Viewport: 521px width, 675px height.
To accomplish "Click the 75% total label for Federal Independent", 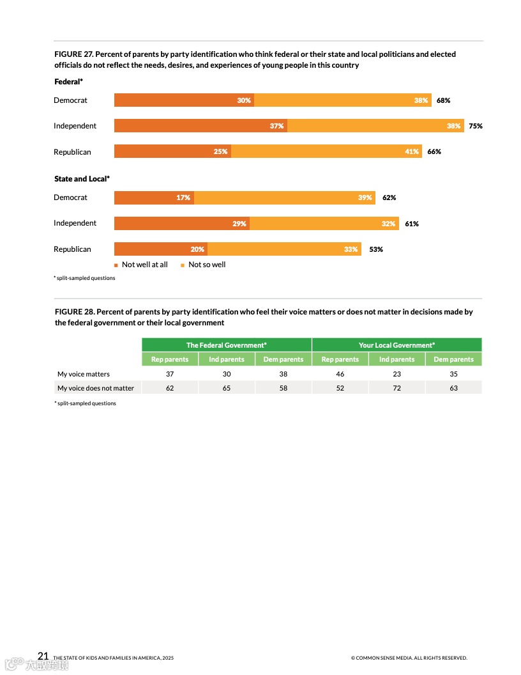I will coord(475,126).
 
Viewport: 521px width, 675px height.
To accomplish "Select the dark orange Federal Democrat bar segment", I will coord(184,100).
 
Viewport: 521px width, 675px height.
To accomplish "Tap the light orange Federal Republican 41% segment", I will coord(326,151).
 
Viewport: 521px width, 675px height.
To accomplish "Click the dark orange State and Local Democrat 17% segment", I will coord(154,198).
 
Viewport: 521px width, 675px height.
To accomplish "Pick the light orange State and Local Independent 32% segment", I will coord(324,223).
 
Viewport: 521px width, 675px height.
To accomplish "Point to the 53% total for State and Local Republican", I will coord(375,249).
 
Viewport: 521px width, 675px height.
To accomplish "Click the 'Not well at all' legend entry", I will coord(141,265).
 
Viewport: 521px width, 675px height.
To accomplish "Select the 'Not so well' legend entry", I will coord(204,265).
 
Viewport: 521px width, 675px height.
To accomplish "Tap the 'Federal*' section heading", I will coord(68,82).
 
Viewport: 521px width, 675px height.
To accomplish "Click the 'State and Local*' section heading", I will coord(82,179).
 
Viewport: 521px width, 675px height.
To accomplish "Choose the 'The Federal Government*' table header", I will coord(226,345).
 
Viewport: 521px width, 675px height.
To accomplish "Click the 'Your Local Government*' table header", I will coord(396,345).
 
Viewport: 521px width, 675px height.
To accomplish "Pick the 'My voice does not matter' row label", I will coord(96,388).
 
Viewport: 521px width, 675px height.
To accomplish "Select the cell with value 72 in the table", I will coord(396,388).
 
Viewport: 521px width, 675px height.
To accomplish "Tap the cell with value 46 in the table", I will coord(340,374).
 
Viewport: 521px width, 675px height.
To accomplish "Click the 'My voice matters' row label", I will coord(84,374).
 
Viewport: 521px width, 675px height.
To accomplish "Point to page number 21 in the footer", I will coord(43,656).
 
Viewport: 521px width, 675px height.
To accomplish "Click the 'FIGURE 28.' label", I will coord(74,312).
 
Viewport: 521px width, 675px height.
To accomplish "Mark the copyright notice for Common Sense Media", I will coord(409,658).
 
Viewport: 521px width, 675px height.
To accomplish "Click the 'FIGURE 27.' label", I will coord(73,54).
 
